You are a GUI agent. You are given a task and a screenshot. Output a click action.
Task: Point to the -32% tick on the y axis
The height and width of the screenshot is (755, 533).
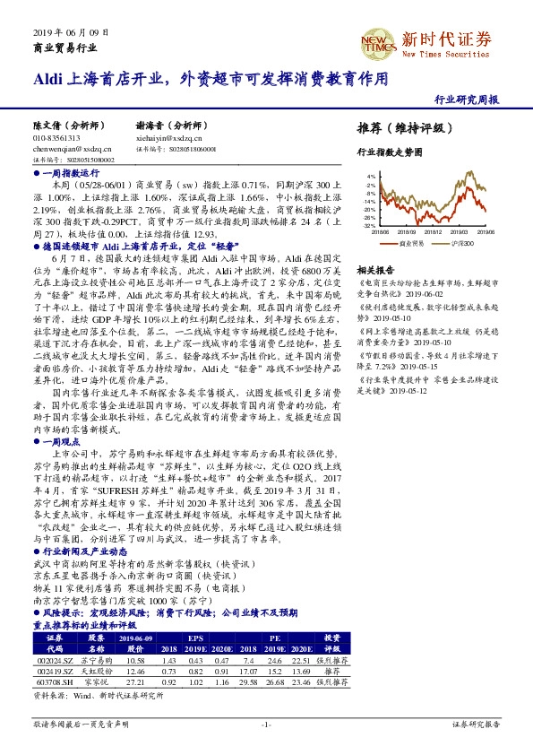tap(368, 226)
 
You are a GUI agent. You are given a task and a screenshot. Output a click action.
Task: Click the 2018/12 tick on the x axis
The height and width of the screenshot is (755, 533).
tap(434, 232)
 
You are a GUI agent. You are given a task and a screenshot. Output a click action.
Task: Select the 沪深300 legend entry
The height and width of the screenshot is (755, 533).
tap(460, 242)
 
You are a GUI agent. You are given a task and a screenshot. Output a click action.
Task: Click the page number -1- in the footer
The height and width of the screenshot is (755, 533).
tap(266, 724)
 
